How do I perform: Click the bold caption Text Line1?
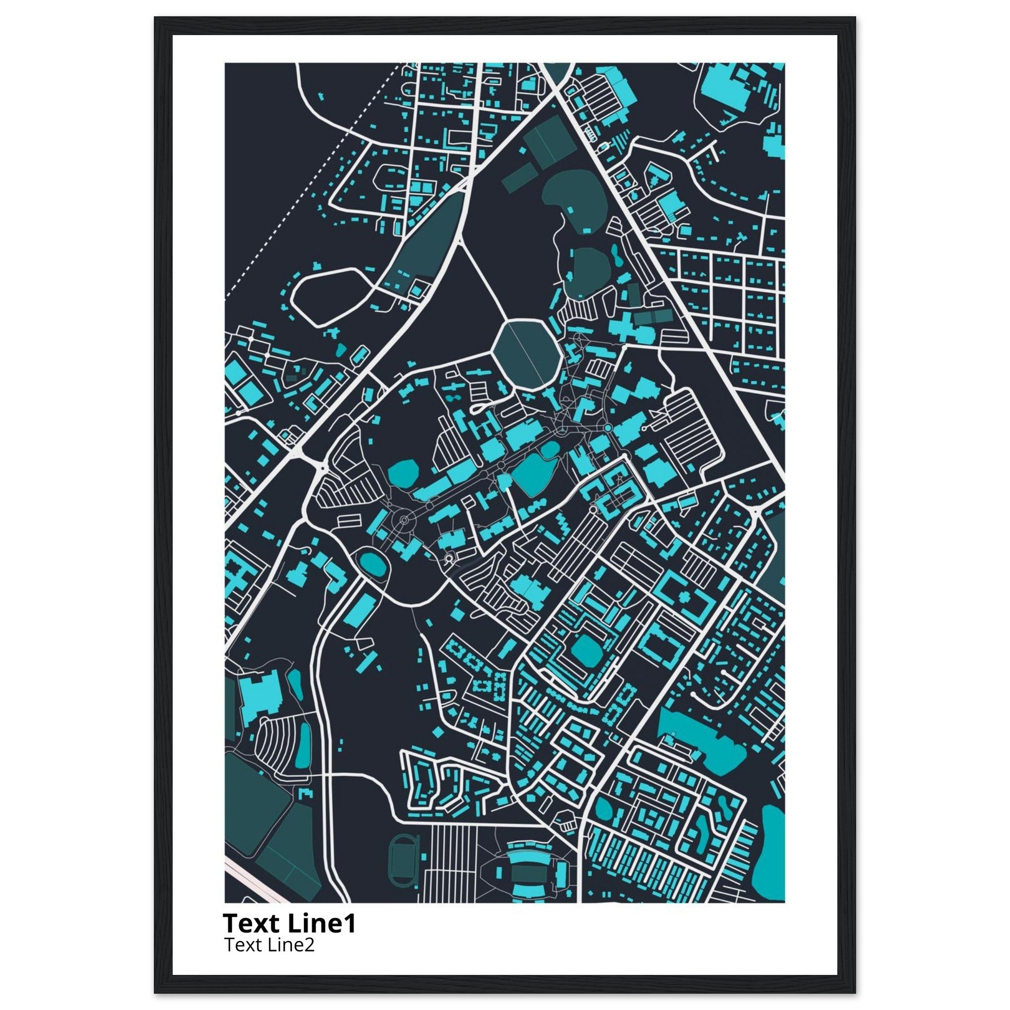coord(289,924)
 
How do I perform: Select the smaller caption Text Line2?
coord(269,945)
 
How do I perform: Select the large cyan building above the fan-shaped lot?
coord(261,697)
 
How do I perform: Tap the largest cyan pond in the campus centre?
coord(533,473)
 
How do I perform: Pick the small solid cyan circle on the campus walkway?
coord(608,428)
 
